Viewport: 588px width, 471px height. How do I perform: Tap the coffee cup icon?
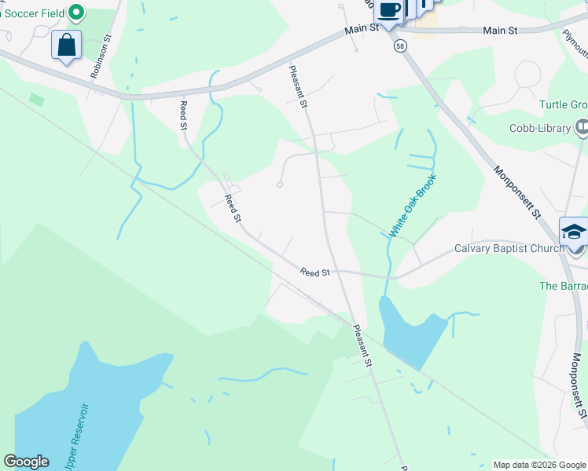click(388, 9)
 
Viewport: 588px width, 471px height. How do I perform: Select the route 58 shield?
click(400, 46)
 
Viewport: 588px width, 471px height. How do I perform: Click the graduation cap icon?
click(574, 232)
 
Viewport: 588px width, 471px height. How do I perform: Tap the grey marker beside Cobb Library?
click(582, 126)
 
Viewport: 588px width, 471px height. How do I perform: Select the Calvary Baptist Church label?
click(509, 249)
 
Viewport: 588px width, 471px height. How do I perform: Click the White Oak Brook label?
click(411, 206)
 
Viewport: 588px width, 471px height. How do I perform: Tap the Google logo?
click(26, 462)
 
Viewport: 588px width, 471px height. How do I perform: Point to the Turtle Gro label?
click(563, 105)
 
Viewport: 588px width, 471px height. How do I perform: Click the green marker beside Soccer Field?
click(76, 12)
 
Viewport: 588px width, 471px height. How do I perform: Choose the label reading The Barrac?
click(563, 287)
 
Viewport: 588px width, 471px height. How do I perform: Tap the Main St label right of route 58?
click(500, 30)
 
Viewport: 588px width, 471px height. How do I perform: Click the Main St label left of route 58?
click(362, 28)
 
